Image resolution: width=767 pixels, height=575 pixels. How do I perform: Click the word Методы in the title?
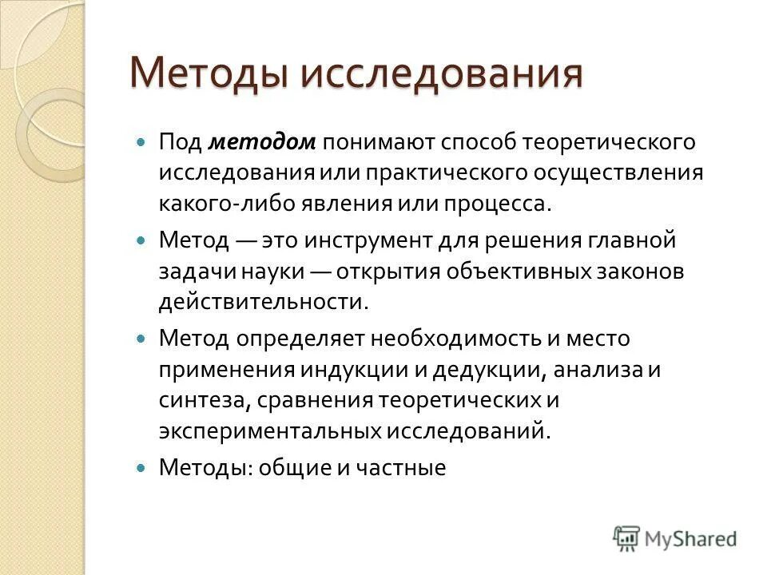click(x=209, y=74)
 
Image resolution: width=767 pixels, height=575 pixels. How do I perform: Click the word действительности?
click(x=263, y=301)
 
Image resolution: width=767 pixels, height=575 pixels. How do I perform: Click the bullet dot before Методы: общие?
click(x=142, y=468)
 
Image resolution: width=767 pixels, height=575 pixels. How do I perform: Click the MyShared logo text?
click(x=691, y=538)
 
